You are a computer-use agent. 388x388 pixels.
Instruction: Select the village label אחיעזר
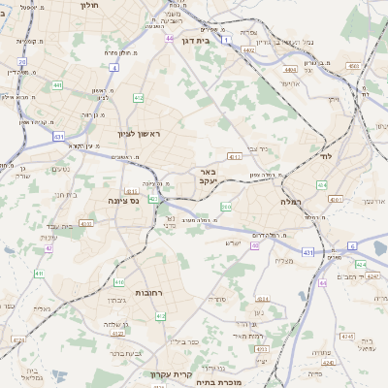(288, 83)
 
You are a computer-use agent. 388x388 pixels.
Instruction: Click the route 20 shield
(21, 61)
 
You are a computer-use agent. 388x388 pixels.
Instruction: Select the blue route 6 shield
(352, 246)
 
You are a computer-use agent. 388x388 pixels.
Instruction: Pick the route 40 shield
(255, 245)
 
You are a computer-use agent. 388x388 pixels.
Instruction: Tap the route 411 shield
(39, 274)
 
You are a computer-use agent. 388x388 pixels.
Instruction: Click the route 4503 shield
(353, 66)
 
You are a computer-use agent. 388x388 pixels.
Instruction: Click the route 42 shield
(48, 248)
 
